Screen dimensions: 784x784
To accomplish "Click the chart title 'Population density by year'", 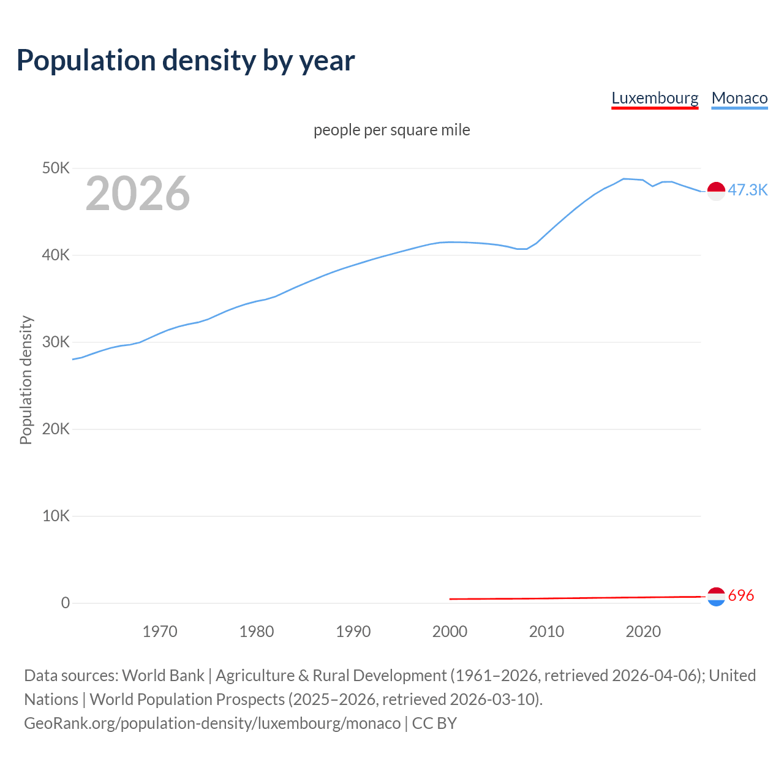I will [x=186, y=61].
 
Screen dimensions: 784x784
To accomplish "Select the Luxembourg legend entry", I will [x=655, y=98].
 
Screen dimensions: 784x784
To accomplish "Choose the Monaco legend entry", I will [x=739, y=98].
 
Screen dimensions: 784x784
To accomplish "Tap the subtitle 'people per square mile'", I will [x=391, y=130].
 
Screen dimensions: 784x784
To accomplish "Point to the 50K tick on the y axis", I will [x=56, y=168].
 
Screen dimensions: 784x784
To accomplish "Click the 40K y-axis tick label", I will [x=56, y=255].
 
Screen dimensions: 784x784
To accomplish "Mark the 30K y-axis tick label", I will [x=56, y=342].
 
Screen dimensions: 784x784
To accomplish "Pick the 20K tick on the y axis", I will [x=56, y=429].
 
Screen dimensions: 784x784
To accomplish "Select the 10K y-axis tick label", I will [x=56, y=516].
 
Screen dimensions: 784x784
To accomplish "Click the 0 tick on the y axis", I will [x=66, y=603].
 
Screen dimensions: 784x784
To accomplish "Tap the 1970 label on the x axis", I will [x=160, y=631].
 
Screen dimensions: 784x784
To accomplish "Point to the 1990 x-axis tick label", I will [x=353, y=631].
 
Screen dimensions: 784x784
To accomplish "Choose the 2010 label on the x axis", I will [x=546, y=631].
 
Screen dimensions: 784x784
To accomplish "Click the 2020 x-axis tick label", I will [x=643, y=631].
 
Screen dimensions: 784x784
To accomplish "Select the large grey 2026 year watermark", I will [x=138, y=194].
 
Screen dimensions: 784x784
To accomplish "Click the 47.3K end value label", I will [x=747, y=190].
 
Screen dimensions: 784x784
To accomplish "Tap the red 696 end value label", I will [x=741, y=595].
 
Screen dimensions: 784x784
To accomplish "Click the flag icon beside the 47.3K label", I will [x=716, y=191].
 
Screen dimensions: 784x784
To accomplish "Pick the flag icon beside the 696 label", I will [x=716, y=597].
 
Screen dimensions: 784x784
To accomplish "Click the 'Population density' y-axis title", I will [x=26, y=380].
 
